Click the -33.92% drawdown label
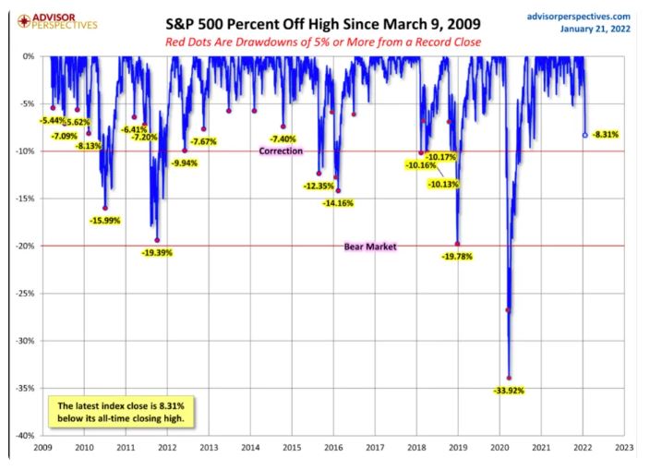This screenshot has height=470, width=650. (510, 391)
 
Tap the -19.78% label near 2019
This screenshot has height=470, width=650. (457, 256)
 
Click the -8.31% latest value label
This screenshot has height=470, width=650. (606, 135)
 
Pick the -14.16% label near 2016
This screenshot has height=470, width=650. (340, 203)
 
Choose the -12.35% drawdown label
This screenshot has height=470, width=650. (319, 186)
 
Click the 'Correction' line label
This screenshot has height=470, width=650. (281, 151)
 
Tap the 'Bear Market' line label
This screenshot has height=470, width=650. (369, 247)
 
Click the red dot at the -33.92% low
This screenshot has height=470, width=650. (509, 378)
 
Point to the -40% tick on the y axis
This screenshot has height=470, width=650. (27, 435)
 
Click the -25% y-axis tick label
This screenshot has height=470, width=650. (27, 293)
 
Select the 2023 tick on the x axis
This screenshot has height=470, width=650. (623, 447)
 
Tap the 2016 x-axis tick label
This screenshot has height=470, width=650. (332, 447)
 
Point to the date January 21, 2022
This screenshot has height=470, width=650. (596, 30)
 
